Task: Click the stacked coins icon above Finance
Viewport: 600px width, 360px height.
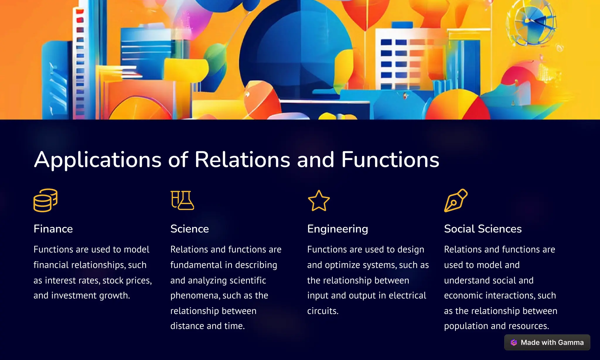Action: (45, 200)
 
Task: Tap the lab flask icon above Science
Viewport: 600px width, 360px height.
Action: (182, 200)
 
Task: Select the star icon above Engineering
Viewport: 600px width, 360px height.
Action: (319, 201)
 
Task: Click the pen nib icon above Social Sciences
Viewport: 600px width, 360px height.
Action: (456, 200)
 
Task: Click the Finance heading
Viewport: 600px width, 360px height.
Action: (53, 229)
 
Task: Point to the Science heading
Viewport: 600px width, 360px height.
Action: (190, 229)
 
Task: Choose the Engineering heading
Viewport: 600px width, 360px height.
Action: (337, 229)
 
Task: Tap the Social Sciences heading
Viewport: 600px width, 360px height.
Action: (483, 229)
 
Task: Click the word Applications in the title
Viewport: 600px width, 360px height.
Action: (98, 160)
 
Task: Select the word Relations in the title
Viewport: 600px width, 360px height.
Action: (242, 160)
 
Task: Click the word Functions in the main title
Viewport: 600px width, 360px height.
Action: (390, 160)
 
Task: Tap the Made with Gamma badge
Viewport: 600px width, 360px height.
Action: (547, 342)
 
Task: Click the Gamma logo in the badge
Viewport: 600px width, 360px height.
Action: (514, 342)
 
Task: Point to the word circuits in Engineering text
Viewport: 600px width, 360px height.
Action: (323, 311)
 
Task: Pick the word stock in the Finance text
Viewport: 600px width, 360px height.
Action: (113, 280)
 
